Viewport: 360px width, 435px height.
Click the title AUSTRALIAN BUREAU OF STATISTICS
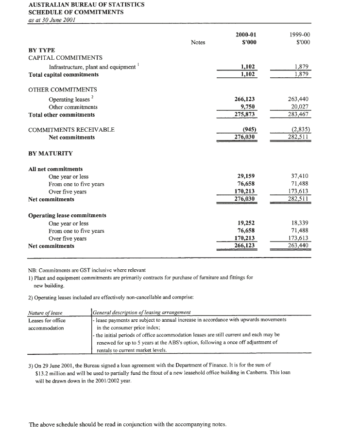point(86,4)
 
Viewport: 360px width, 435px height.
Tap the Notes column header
point(198,42)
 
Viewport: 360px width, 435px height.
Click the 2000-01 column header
point(245,34)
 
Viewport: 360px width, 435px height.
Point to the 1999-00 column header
point(299,34)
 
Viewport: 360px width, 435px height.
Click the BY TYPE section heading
point(42,50)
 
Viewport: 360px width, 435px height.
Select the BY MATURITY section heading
point(51,153)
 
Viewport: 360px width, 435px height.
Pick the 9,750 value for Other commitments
point(247,107)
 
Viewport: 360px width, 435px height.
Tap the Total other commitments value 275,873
point(245,115)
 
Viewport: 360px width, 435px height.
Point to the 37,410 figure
point(300,176)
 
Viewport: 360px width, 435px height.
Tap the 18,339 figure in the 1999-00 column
point(300,223)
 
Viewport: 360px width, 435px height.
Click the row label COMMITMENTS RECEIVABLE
point(71,130)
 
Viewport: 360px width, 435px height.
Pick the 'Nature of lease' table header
point(45,312)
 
